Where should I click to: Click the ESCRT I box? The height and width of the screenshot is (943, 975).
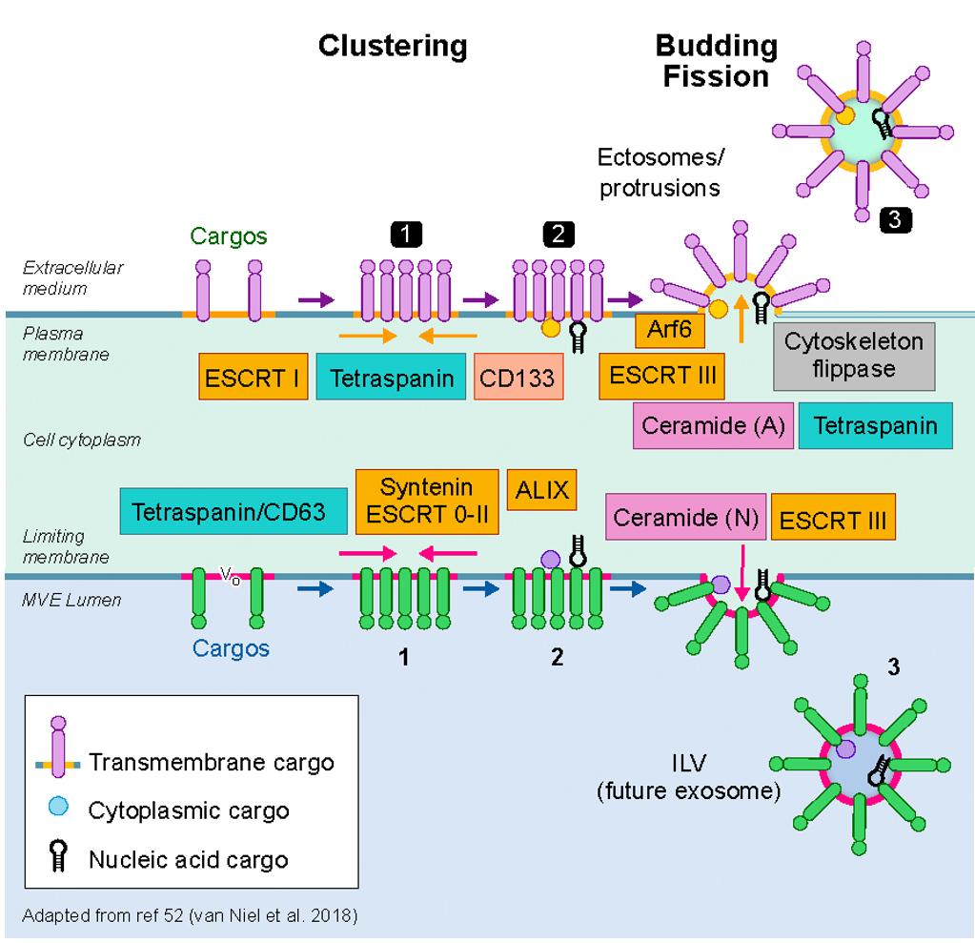coord(252,377)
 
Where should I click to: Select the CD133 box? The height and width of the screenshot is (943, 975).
coord(517,378)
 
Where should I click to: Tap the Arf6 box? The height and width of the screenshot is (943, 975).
coord(670,331)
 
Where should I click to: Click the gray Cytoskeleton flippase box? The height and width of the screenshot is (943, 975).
coord(854,356)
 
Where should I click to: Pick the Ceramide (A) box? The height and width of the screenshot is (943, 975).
coord(713,425)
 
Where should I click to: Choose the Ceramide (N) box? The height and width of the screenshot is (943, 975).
coord(685,518)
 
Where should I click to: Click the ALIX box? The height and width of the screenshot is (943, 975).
coord(541,490)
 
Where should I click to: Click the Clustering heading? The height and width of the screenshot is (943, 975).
coord(392,46)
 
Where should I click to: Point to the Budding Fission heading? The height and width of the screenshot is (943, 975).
coord(716,61)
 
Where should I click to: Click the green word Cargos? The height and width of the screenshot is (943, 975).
coord(228,236)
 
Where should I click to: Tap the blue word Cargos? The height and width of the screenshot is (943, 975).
coord(231,648)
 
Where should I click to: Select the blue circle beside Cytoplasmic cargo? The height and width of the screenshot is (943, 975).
coord(59,807)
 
